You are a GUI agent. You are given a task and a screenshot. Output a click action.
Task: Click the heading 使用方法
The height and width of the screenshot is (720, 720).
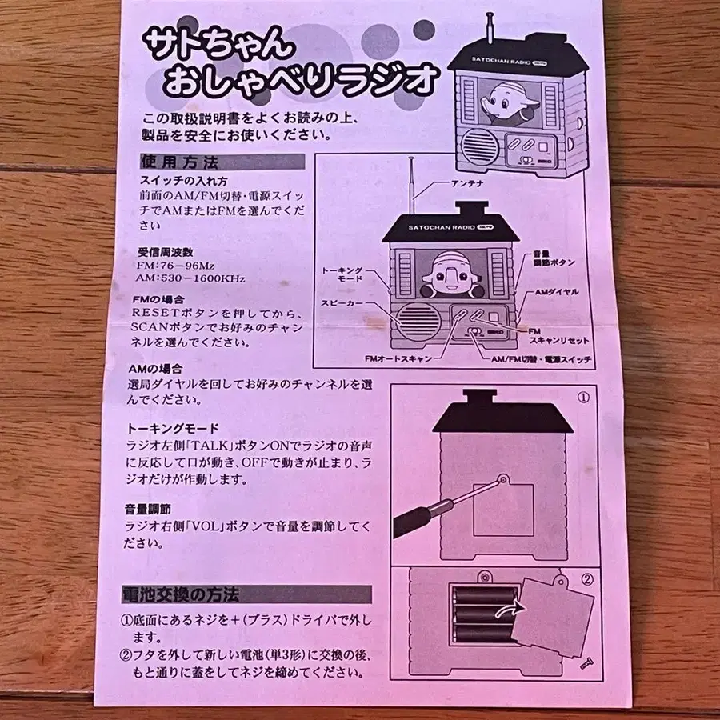click(179, 162)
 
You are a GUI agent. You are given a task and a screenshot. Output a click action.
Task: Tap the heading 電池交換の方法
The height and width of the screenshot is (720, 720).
click(181, 594)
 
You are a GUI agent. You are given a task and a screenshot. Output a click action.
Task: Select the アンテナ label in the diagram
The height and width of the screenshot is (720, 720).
click(467, 184)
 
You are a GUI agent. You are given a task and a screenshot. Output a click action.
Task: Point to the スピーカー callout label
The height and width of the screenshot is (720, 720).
click(342, 303)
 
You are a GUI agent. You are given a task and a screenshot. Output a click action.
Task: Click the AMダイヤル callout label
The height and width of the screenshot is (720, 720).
click(557, 292)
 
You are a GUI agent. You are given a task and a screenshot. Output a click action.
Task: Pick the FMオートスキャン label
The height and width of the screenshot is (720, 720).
click(398, 358)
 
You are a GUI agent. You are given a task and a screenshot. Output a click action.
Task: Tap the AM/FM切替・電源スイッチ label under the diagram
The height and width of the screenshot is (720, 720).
click(541, 359)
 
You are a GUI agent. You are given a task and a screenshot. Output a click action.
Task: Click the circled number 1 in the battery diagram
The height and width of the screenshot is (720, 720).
click(583, 397)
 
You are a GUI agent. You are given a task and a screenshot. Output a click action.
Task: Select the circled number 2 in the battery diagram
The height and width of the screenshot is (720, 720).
click(587, 579)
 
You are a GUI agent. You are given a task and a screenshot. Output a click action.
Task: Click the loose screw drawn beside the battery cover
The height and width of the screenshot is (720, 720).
click(586, 663)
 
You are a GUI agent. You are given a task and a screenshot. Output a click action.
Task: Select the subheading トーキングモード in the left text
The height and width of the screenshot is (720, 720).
click(173, 429)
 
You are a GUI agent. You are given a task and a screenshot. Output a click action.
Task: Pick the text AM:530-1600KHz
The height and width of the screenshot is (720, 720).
click(190, 278)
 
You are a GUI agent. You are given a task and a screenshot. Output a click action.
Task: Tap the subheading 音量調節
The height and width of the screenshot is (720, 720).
click(148, 510)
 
